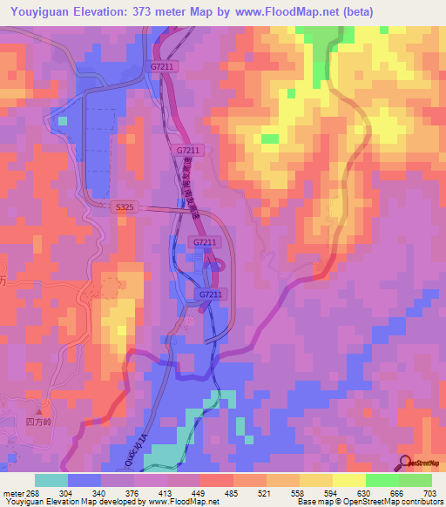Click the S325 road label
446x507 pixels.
[124, 206]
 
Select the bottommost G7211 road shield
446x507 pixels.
[209, 294]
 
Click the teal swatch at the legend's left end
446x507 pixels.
[51, 480]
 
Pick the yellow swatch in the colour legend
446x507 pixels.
[349, 480]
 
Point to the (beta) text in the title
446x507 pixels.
[356, 12]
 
